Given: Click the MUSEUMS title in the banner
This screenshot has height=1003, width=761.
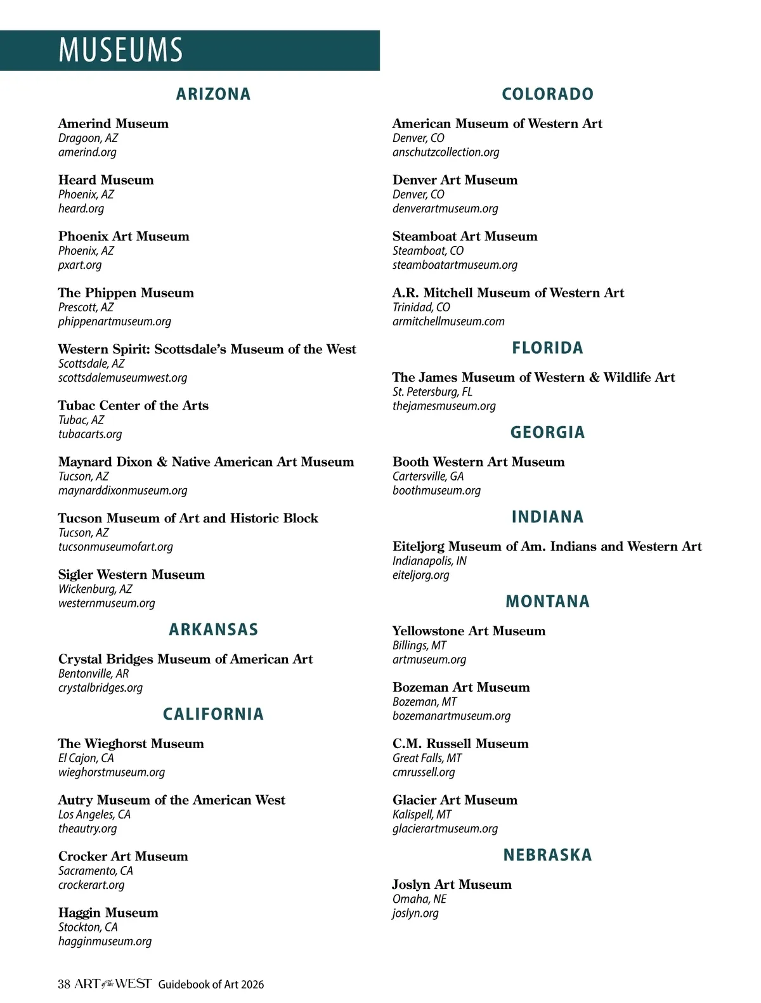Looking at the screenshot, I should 120,50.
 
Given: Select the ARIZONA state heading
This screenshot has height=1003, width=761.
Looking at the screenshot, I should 213,94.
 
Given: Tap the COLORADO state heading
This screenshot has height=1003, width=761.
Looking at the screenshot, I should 547,94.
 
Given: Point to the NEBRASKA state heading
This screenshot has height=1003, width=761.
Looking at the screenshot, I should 547,855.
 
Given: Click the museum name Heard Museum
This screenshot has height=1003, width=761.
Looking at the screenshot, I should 106,180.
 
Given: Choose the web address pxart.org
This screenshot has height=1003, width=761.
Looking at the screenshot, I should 80,265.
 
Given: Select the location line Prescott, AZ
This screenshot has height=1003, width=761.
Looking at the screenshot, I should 86,307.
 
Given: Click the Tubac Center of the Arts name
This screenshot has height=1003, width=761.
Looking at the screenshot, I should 133,406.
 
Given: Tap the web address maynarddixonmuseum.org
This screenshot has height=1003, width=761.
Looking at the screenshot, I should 123,491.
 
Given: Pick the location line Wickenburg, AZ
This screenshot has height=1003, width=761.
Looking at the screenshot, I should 95,589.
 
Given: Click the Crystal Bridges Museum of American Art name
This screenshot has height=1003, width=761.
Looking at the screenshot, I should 185,659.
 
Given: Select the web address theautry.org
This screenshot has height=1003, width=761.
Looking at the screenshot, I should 88,829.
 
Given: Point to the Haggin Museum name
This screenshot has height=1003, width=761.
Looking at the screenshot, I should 108,913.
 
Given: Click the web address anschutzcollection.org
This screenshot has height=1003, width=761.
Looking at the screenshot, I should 446,152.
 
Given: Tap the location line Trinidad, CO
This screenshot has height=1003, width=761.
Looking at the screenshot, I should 421,307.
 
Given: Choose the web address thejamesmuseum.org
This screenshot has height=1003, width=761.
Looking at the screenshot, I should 444,406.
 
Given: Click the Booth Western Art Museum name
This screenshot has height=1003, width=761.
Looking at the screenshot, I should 478,462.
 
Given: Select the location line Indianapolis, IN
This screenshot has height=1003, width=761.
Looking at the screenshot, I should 429,561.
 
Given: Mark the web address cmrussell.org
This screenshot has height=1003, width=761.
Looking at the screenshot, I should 424,772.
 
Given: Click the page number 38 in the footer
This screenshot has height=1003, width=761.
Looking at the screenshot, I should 64,984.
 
